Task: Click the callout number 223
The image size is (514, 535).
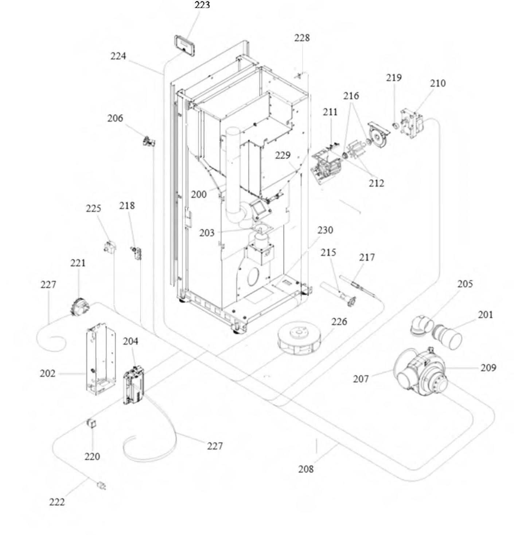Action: pos(202,5)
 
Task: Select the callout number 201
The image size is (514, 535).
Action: pos(485,314)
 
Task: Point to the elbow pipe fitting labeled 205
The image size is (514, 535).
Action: pos(420,324)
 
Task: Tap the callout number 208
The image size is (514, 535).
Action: pos(305,469)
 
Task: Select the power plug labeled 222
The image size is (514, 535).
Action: pos(101,486)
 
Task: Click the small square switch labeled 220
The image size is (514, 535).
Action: pos(91,424)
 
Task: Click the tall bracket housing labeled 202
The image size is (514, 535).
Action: pos(101,359)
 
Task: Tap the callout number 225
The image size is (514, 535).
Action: pos(93,208)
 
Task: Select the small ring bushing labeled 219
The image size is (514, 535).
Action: pos(394,126)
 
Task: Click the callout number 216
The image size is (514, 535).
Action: pos(351,96)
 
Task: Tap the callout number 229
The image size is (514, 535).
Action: pos(283,155)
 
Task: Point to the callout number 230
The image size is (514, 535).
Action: pos(325,230)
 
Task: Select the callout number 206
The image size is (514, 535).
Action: pos(115,118)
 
